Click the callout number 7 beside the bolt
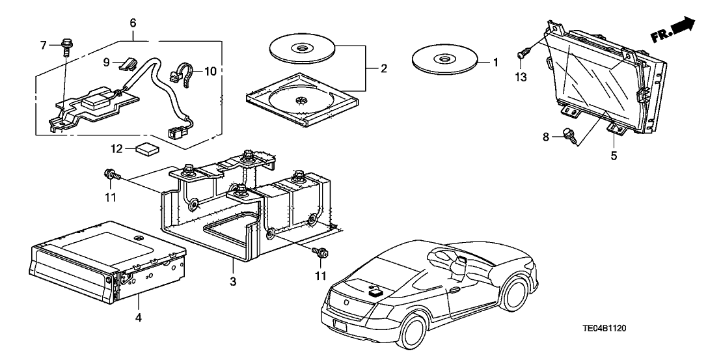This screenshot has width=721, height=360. point(44,45)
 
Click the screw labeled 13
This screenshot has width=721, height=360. point(523,54)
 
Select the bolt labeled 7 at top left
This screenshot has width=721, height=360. point(66,46)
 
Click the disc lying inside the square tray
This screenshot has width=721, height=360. point(301,100)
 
